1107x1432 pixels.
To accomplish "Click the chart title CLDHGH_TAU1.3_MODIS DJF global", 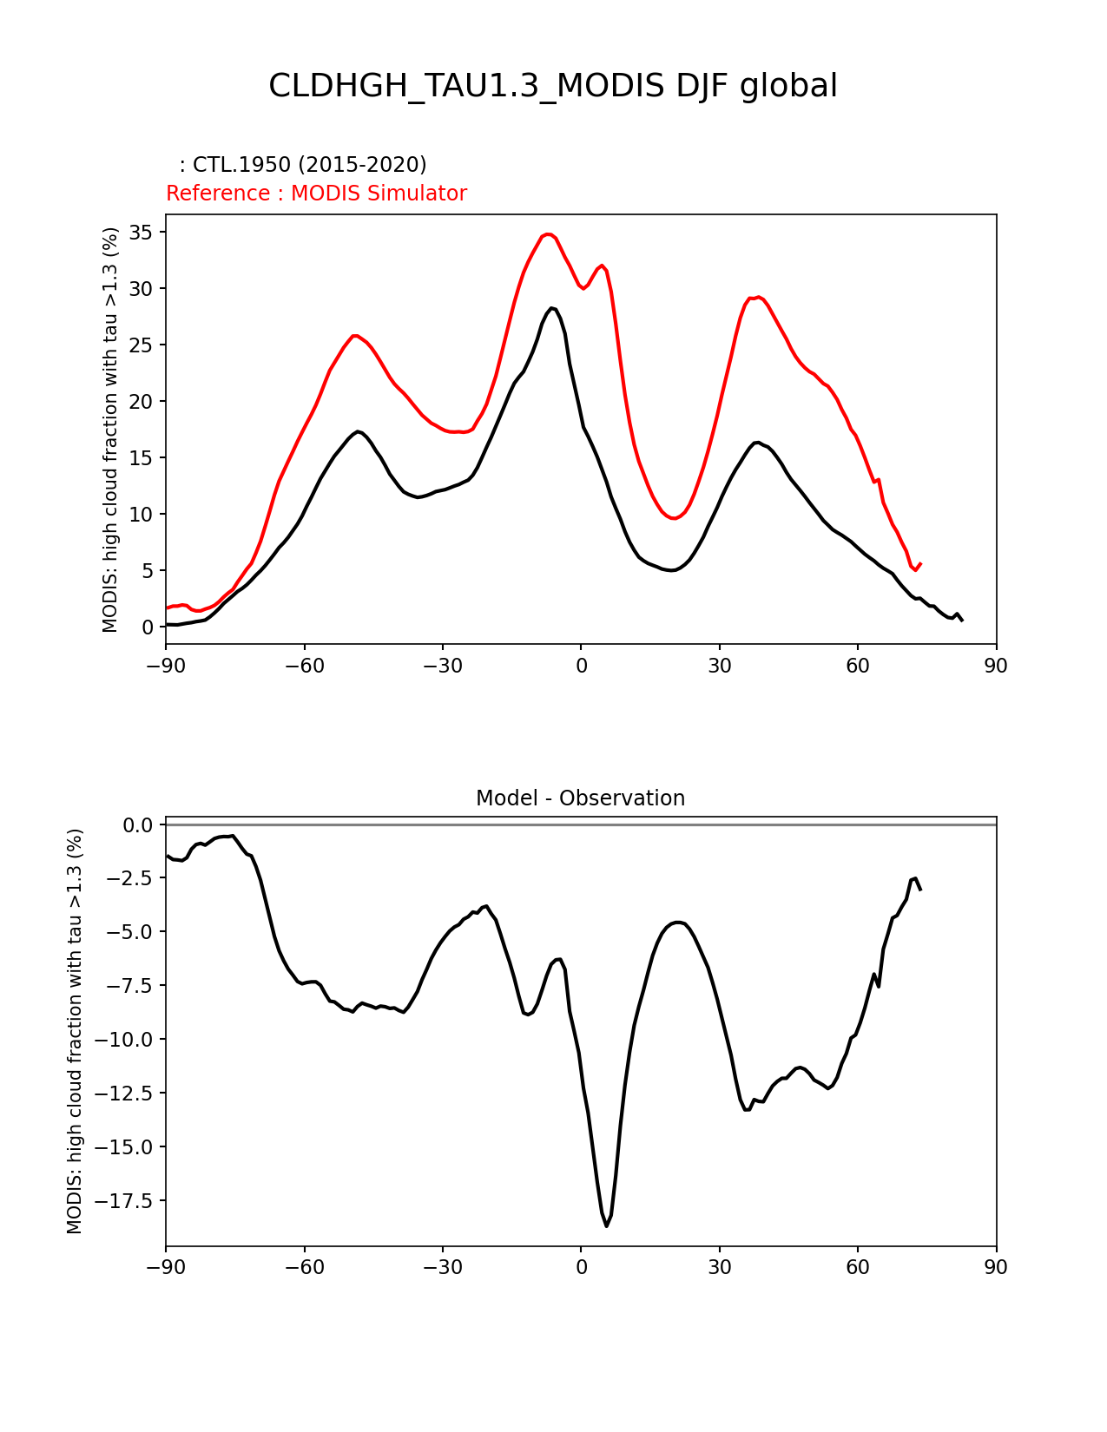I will (x=553, y=86).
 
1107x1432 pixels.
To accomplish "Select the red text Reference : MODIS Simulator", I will (x=316, y=194).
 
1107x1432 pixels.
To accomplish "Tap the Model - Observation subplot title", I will (x=580, y=798).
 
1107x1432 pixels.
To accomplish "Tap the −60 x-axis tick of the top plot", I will (x=304, y=666).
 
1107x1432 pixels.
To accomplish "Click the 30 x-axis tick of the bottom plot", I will (x=719, y=1268).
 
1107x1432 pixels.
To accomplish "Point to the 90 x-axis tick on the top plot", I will (x=996, y=666).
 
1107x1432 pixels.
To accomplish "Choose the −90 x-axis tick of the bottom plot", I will (x=166, y=1268).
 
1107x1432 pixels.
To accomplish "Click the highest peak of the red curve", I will (x=548, y=233).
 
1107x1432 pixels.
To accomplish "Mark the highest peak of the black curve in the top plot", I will (x=552, y=307).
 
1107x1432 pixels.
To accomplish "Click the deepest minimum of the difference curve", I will (x=607, y=1225).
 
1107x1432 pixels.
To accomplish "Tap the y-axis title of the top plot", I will (x=110, y=430).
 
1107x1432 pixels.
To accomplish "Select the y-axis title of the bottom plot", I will (x=75, y=1031).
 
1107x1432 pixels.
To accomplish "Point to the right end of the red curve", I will (x=920, y=563).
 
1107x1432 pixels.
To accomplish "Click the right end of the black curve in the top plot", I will (x=962, y=621).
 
